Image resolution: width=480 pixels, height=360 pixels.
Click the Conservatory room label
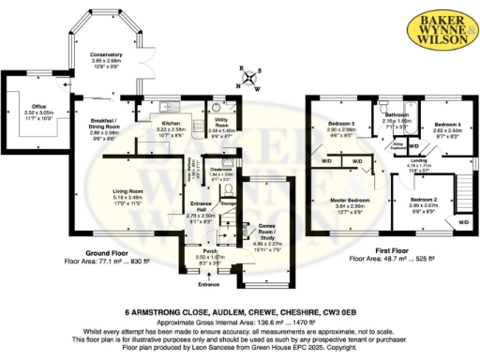(107, 58)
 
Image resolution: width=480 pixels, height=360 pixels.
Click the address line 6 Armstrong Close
(239, 310)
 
